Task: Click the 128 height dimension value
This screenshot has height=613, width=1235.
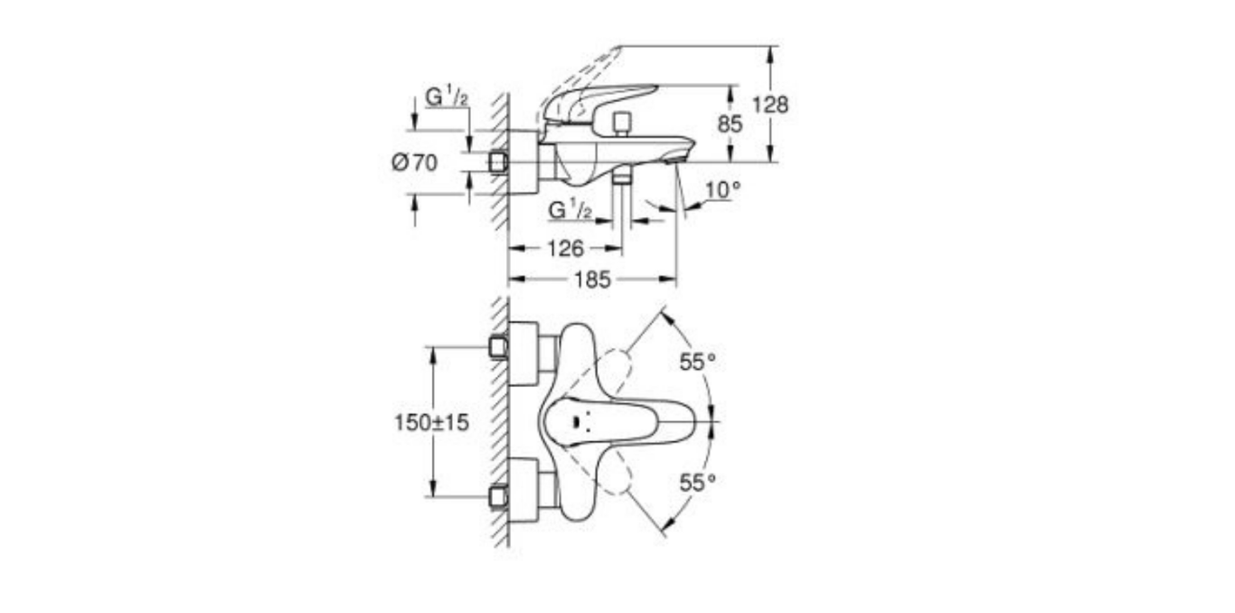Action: coord(771,105)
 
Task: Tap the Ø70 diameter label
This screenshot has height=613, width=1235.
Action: coord(415,164)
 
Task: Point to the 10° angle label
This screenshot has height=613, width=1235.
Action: coord(722,190)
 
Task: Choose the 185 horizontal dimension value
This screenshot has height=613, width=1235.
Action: coord(591,280)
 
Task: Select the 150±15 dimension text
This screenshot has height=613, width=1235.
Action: coord(432,422)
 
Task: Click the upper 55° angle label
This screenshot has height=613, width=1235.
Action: coord(697,363)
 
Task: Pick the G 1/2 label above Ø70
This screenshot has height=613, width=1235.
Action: coord(447,97)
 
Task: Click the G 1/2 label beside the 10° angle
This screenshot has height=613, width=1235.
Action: coord(570,210)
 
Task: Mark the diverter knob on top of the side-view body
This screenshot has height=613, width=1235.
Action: coord(620,122)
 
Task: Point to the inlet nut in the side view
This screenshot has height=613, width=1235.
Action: coord(496,163)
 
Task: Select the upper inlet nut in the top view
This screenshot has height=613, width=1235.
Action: coord(496,347)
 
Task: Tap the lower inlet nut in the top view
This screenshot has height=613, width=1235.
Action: coord(496,496)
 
